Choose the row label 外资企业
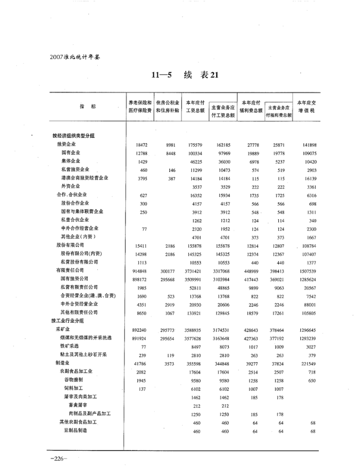click(x=70, y=186)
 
